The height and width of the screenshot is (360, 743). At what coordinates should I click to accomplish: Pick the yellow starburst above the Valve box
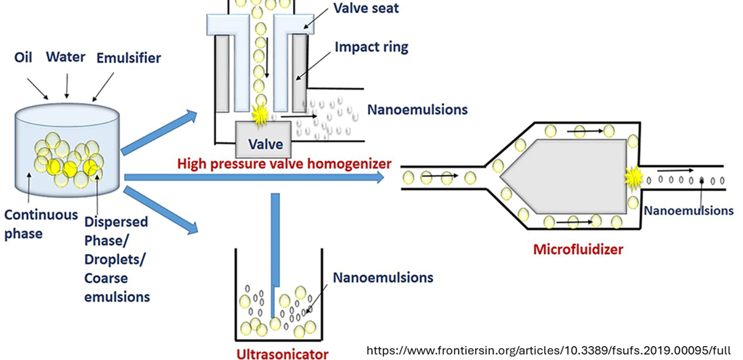[x=258, y=114]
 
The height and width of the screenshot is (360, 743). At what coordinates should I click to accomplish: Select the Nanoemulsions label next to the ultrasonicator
[x=382, y=277]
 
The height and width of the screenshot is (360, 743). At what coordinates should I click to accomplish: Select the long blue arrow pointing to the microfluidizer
[x=254, y=177]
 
